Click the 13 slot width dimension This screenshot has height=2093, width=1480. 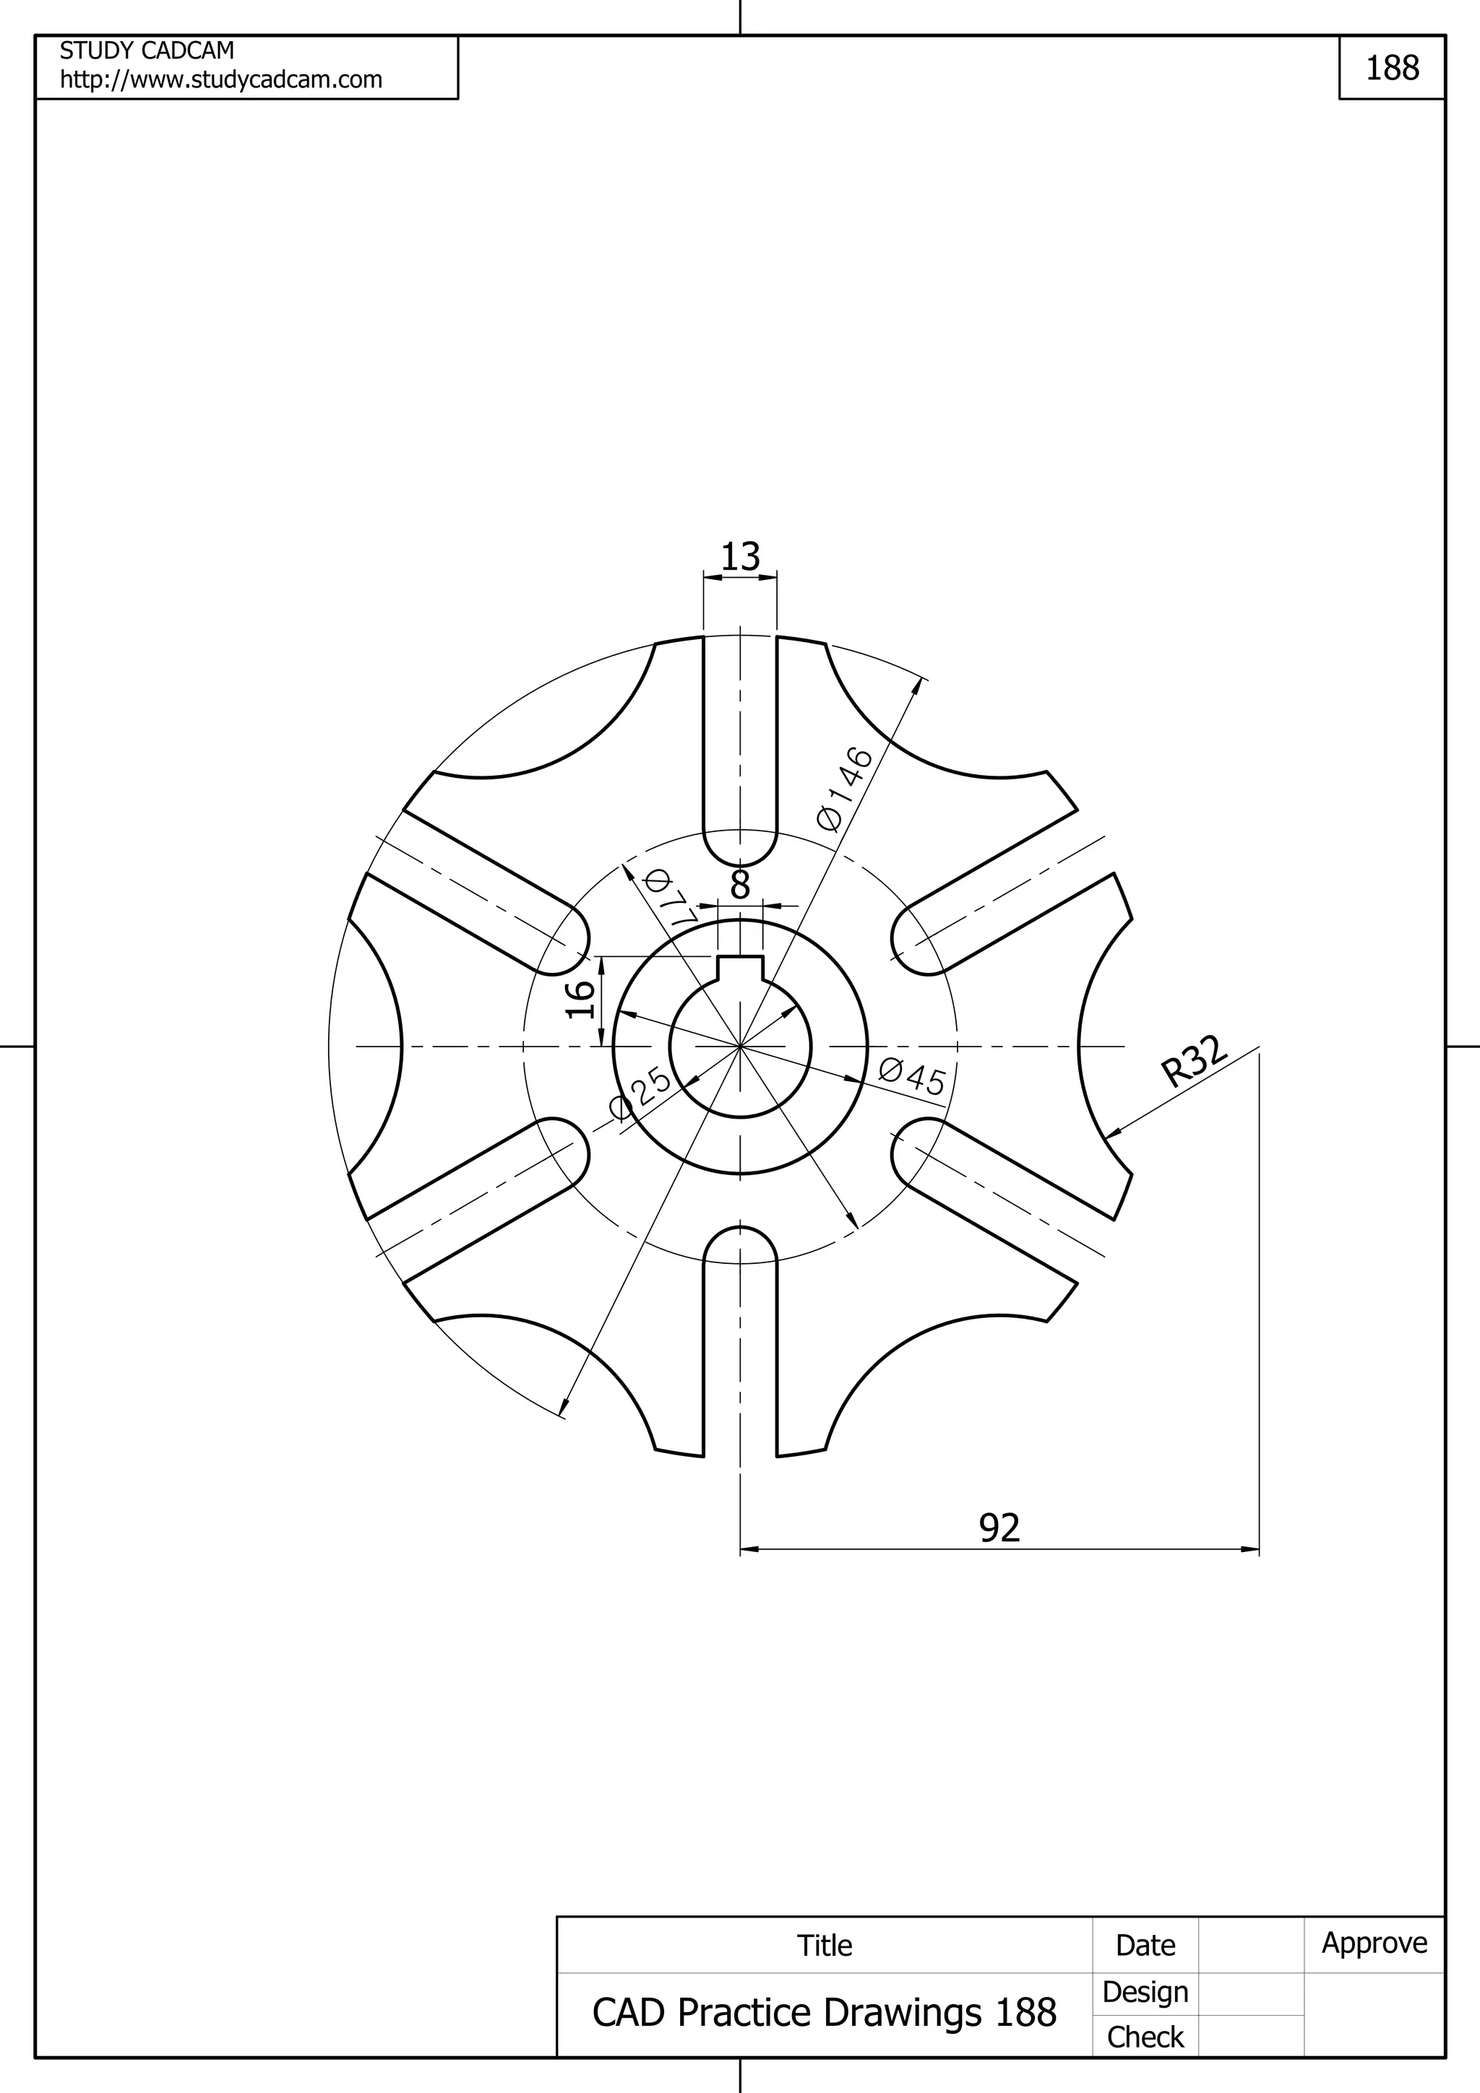pyautogui.click(x=739, y=556)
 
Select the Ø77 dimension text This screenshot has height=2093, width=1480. pyautogui.click(x=670, y=899)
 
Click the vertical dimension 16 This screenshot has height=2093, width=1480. pyautogui.click(x=581, y=1000)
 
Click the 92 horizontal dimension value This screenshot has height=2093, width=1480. pyautogui.click(x=999, y=1527)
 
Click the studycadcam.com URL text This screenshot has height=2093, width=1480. pyautogui.click(x=220, y=80)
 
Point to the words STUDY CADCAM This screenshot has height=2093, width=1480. pyautogui.click(x=147, y=50)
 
